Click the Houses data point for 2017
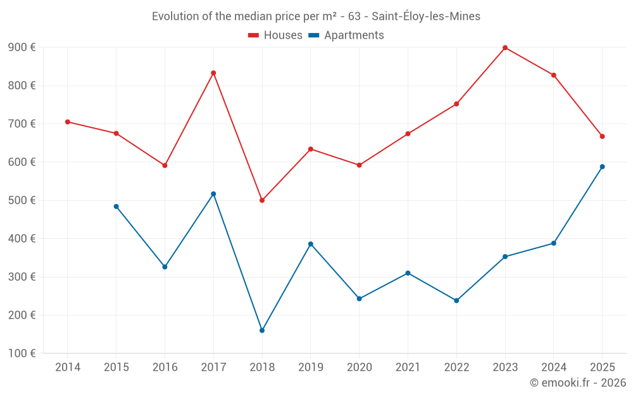point(213,73)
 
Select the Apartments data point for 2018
point(262,330)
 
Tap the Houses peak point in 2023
point(505,48)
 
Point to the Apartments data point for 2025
point(602,167)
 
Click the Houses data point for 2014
point(68,122)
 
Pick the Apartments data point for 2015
point(116,207)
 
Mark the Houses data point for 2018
point(262,200)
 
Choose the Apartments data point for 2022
point(456,300)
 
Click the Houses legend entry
point(275,35)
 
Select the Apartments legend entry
point(346,35)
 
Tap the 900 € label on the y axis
point(22,48)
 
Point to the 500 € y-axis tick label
point(22,200)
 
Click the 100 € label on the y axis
point(22,353)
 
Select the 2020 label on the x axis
point(359,367)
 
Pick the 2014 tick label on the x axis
point(68,367)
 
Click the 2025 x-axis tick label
point(602,367)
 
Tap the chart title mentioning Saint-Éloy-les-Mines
point(316,16)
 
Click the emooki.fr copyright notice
point(578,383)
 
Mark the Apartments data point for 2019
point(311,244)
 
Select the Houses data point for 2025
point(602,136)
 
